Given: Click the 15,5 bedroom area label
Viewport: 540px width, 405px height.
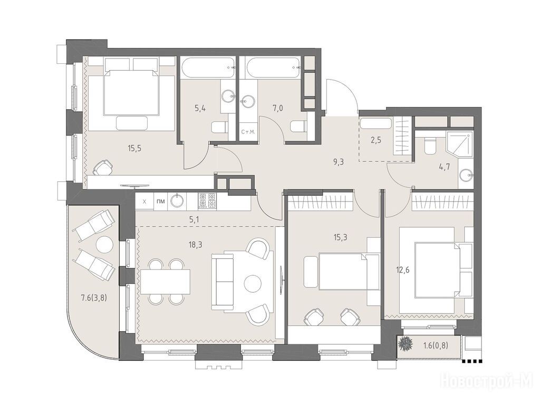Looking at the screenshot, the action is (134, 149).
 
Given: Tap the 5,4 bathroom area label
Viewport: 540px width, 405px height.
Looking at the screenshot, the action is (199, 109).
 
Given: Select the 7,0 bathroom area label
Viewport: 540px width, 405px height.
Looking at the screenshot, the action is (278, 109).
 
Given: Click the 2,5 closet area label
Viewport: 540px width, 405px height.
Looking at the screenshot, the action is (375, 140).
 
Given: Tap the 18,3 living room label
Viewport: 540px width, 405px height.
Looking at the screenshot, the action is (195, 245).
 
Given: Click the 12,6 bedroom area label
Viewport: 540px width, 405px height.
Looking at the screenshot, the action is (402, 270).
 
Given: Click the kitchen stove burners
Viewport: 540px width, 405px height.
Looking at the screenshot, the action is (207, 201).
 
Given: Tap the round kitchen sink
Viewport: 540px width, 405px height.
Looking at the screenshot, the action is (177, 201).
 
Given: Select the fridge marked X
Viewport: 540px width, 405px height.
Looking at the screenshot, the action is (144, 201).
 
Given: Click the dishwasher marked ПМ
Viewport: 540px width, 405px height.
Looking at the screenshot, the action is (160, 201).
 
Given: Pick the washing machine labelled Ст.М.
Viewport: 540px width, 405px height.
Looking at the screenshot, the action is (248, 131).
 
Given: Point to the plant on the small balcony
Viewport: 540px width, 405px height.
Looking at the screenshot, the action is (407, 344).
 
